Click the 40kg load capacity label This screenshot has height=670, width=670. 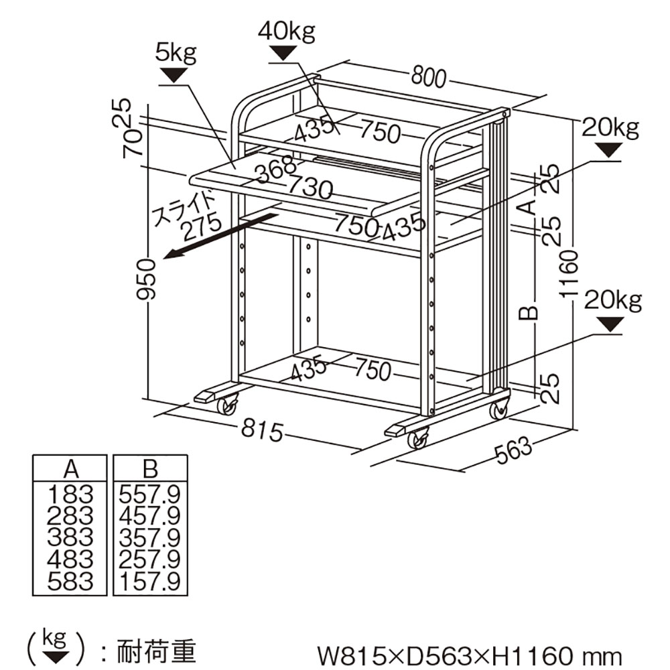click(286, 32)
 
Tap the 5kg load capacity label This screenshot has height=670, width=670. click(176, 54)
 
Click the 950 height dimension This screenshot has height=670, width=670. click(147, 279)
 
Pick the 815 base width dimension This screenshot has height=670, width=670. click(261, 431)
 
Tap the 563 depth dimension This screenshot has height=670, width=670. click(513, 454)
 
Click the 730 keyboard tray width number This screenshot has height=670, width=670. click(310, 186)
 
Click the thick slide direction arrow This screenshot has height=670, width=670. click(221, 234)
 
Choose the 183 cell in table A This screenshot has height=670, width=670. click(70, 495)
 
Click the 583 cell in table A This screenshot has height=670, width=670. click(70, 581)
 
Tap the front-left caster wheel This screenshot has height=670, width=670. click(226, 405)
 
